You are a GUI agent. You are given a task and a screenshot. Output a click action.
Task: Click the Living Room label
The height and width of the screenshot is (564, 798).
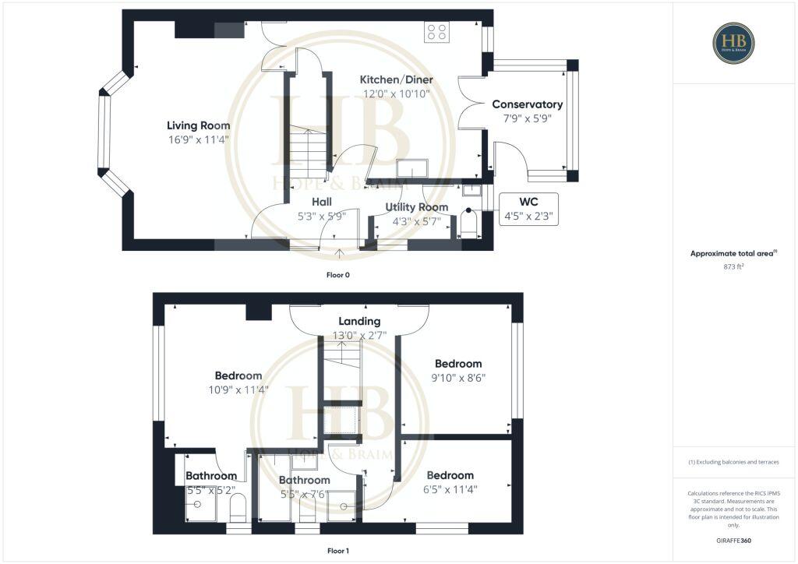click(x=198, y=125)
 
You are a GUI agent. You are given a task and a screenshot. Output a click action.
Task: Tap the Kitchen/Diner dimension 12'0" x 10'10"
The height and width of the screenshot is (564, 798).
click(x=396, y=93)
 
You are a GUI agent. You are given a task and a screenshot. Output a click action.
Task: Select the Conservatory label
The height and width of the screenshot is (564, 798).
click(x=527, y=104)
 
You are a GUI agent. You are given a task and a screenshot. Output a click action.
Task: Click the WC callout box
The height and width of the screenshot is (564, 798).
click(x=528, y=209)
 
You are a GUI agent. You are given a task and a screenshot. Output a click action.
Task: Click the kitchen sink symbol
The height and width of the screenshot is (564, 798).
click(x=411, y=168)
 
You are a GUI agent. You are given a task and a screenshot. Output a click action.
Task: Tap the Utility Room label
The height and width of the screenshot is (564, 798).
click(x=417, y=207)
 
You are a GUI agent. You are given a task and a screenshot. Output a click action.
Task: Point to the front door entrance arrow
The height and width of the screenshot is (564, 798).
click(x=339, y=253)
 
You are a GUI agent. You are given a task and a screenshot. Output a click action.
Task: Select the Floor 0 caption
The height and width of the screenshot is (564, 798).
click(x=339, y=275)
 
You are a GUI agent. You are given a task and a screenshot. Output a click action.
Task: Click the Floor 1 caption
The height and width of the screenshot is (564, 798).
click(x=337, y=551)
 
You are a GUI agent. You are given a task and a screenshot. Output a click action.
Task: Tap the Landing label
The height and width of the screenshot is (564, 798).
click(x=359, y=321)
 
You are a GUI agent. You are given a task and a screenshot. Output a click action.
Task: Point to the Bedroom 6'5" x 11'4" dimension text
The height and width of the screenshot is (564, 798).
click(x=450, y=490)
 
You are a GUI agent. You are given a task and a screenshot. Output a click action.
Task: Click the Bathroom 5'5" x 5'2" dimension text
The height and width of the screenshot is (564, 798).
click(x=211, y=491)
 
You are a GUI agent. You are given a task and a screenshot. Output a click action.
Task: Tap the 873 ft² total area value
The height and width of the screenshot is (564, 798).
click(x=734, y=266)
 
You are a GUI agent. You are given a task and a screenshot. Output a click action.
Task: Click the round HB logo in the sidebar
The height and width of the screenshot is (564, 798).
click(x=733, y=43)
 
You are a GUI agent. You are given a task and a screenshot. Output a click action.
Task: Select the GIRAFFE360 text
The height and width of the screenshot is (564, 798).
click(x=734, y=540)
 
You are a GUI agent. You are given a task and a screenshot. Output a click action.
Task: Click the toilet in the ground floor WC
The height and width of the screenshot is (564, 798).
click(x=468, y=227)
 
